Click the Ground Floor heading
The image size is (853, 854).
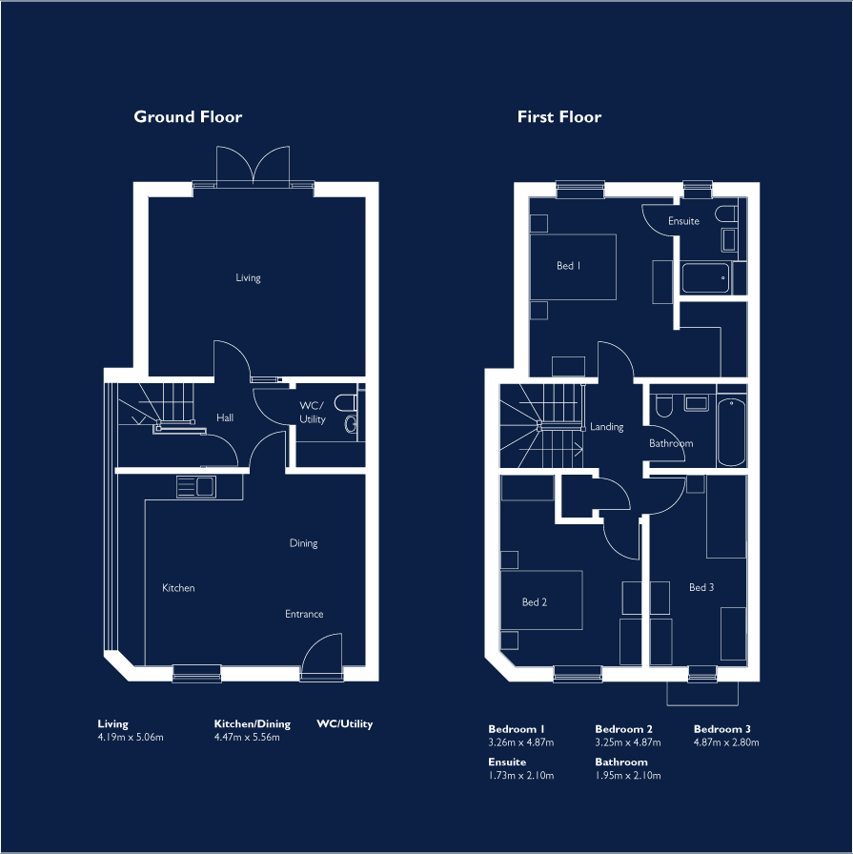[x=188, y=117]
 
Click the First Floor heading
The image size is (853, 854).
[x=559, y=117]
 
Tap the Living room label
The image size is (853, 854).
[x=248, y=278]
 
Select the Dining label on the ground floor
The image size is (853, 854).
[x=303, y=543]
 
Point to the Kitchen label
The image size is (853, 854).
[x=178, y=588]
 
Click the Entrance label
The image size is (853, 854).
[x=304, y=614]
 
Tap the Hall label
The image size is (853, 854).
[x=225, y=417]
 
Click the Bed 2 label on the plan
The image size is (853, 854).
[x=535, y=602]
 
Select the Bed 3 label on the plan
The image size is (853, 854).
[x=701, y=587]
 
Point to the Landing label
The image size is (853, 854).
[x=607, y=427]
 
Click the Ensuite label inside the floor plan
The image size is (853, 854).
[x=683, y=221]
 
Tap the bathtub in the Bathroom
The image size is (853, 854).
[x=732, y=432]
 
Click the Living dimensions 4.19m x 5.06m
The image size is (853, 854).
[x=131, y=738]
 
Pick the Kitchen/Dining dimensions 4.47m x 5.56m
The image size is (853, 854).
[x=247, y=738]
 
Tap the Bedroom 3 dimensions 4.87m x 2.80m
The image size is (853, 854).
[x=726, y=742]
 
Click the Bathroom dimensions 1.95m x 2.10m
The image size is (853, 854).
[x=628, y=776]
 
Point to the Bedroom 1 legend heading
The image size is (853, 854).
[x=517, y=729]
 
